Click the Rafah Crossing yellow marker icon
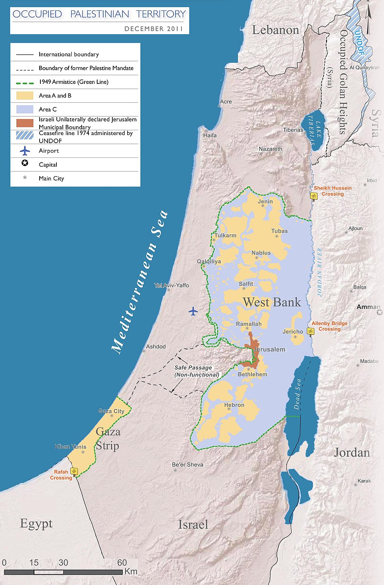click(x=74, y=471)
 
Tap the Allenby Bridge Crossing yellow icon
click(x=310, y=331)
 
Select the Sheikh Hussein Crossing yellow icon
click(x=314, y=195)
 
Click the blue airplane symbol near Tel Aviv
click(x=193, y=311)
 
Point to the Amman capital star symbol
click(x=379, y=312)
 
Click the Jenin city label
click(x=265, y=201)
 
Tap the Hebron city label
click(x=234, y=405)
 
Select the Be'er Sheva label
click(x=188, y=464)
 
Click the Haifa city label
click(x=210, y=135)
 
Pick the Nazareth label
click(x=270, y=149)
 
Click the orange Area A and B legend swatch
click(x=25, y=96)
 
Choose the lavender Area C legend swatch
click(x=25, y=109)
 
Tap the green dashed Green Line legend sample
click(x=25, y=82)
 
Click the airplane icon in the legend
click(x=25, y=151)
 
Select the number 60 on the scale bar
click(x=122, y=563)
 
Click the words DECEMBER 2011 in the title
click(x=154, y=29)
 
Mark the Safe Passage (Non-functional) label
click(x=196, y=371)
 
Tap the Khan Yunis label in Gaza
click(x=70, y=446)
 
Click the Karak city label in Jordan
click(x=364, y=481)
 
